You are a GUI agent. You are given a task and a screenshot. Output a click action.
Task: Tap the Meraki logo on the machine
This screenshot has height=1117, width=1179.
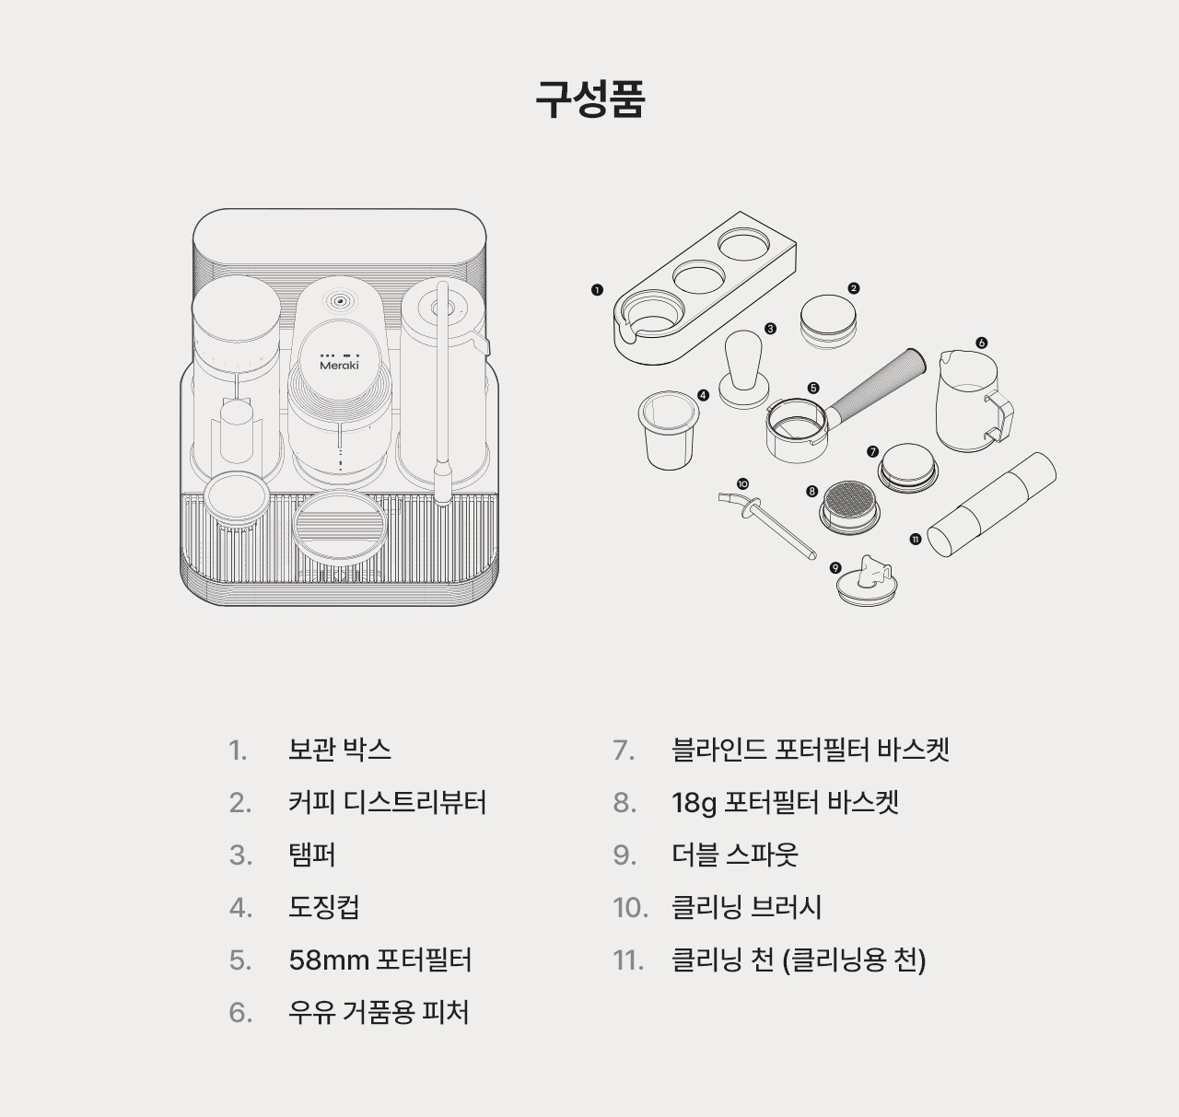click(340, 365)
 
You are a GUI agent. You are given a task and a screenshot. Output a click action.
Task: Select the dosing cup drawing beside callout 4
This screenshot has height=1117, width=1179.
click(669, 430)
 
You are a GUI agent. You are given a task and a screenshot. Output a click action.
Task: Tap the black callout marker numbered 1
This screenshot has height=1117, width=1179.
click(597, 290)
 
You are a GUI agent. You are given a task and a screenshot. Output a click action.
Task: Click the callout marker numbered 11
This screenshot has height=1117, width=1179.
click(916, 539)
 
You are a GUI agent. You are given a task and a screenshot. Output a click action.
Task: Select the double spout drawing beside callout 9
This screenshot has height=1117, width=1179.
click(867, 582)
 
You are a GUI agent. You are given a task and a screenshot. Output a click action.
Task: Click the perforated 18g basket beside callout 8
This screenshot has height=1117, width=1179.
click(850, 507)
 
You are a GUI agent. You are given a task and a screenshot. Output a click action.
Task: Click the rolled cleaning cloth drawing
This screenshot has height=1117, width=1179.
click(991, 505)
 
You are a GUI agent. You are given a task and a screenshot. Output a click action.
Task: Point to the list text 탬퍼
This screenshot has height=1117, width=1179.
click(312, 855)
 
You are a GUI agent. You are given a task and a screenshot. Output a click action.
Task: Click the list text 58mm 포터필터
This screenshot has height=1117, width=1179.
click(380, 960)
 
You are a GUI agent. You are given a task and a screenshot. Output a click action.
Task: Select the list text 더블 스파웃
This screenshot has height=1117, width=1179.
click(735, 855)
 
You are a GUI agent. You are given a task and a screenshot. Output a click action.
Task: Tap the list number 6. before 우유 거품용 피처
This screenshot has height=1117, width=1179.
click(240, 1013)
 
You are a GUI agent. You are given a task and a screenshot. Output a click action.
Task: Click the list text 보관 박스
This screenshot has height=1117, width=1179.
click(340, 750)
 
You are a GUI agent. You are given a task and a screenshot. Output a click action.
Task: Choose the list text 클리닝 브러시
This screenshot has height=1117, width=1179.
click(747, 907)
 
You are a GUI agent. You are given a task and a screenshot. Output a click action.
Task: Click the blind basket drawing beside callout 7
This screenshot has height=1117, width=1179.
click(908, 469)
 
